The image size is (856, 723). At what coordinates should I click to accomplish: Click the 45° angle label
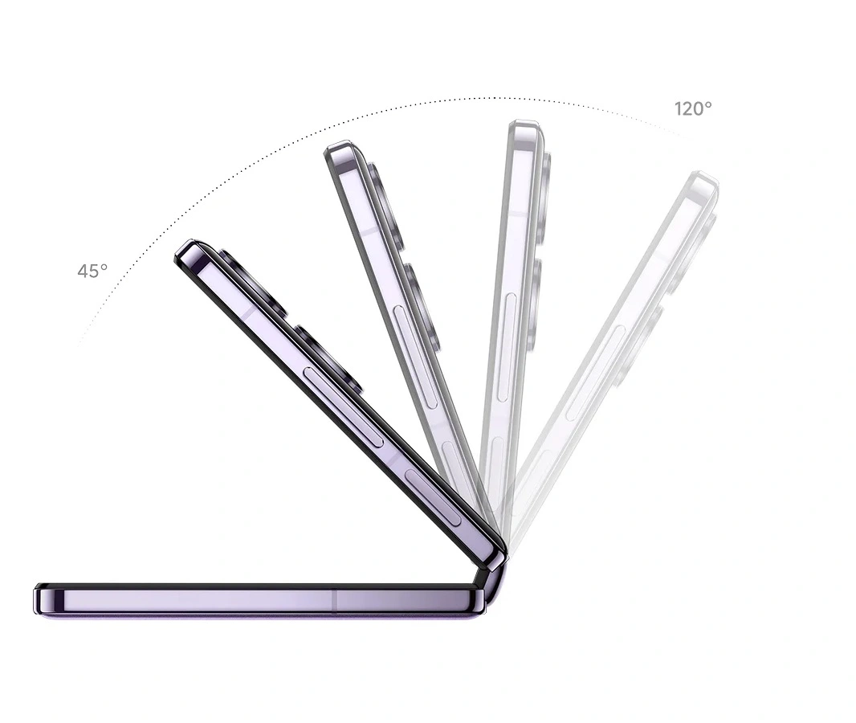pyautogui.click(x=92, y=271)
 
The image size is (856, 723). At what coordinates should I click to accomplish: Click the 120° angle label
pyautogui.click(x=693, y=109)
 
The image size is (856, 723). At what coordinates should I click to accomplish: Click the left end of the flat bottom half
pyautogui.click(x=37, y=599)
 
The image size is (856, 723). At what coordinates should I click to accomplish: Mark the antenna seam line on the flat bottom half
pyautogui.click(x=335, y=599)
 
